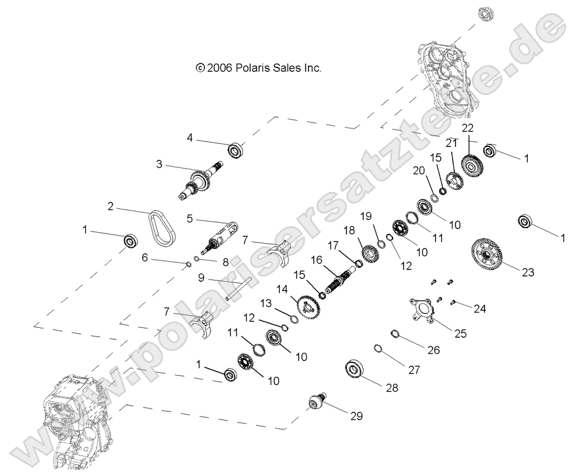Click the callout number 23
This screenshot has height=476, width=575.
[x=528, y=272]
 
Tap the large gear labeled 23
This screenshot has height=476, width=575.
[x=486, y=254]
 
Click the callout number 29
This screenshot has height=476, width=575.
[x=356, y=416]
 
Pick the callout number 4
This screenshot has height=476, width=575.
[x=190, y=138]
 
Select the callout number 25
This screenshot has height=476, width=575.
[x=461, y=333]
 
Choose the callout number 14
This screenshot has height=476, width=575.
[x=282, y=289]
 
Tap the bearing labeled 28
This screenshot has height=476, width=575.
[x=355, y=368]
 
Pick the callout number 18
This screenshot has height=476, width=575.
[x=349, y=230]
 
